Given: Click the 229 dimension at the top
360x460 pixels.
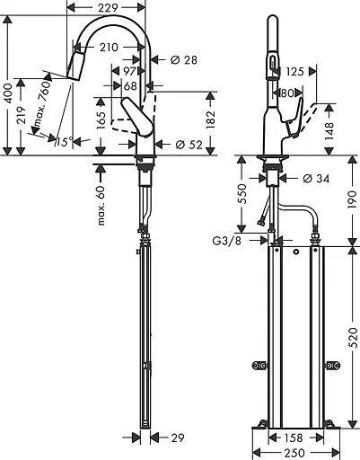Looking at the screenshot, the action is pos(108,8).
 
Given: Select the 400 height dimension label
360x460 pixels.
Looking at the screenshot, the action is pos(8,93).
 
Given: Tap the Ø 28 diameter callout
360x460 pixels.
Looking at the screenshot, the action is pos(184,60).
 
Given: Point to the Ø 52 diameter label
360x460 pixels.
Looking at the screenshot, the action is pos(189,145).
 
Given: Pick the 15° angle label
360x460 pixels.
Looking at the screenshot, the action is pos(65,141).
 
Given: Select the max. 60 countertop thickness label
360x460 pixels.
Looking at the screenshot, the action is pos(101,206).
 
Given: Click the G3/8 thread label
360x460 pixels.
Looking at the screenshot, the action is pos(226,241).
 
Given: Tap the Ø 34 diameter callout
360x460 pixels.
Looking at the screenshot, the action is pos(316,179).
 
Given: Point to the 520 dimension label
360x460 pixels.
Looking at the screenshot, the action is pos(354,338).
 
